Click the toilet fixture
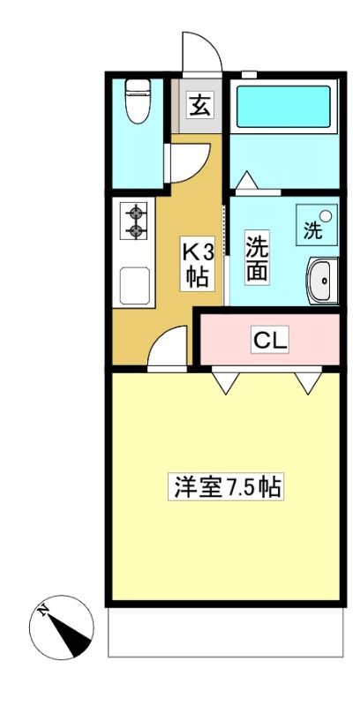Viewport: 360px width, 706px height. [x=138, y=101]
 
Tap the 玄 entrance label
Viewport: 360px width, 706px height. [x=200, y=107]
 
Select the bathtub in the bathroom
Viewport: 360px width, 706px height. [x=283, y=107]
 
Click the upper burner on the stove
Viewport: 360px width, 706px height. [x=135, y=212]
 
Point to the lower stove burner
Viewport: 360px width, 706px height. [x=135, y=231]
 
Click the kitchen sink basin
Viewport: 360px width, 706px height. [x=134, y=285]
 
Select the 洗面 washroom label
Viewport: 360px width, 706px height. [x=258, y=258]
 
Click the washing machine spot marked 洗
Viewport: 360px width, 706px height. [x=317, y=225]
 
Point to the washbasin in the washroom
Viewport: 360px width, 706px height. [x=322, y=281]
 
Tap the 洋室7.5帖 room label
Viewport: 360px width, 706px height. [x=226, y=486]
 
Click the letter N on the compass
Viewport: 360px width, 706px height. [x=43, y=611]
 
